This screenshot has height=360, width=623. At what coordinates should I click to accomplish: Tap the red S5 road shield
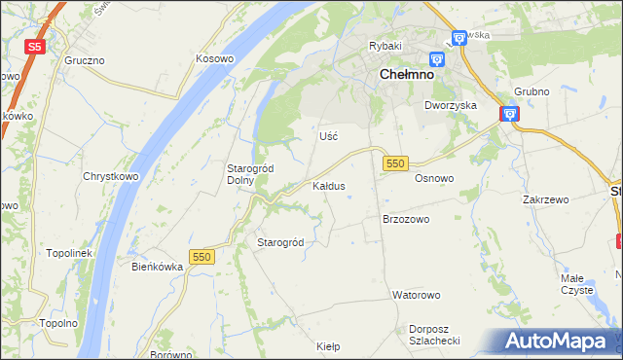(34, 46)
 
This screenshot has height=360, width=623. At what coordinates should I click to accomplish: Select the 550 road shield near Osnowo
(394, 164)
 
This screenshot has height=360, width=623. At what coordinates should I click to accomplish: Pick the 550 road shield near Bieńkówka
(202, 256)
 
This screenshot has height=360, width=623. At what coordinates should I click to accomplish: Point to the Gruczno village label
(85, 60)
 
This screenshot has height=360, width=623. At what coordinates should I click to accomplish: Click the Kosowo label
(215, 59)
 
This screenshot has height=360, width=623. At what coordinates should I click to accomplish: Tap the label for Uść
(329, 136)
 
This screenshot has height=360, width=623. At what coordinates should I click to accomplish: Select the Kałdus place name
(328, 185)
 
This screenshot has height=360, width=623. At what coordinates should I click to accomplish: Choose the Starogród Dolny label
(249, 174)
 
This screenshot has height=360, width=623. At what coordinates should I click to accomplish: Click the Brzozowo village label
(405, 220)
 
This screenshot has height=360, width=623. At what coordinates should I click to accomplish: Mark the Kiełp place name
(328, 345)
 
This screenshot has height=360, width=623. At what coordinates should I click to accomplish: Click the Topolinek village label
(68, 253)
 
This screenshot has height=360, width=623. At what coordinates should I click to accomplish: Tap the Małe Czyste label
(577, 283)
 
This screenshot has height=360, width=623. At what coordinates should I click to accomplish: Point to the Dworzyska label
(450, 105)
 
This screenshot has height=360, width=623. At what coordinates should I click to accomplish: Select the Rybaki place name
(385, 46)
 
